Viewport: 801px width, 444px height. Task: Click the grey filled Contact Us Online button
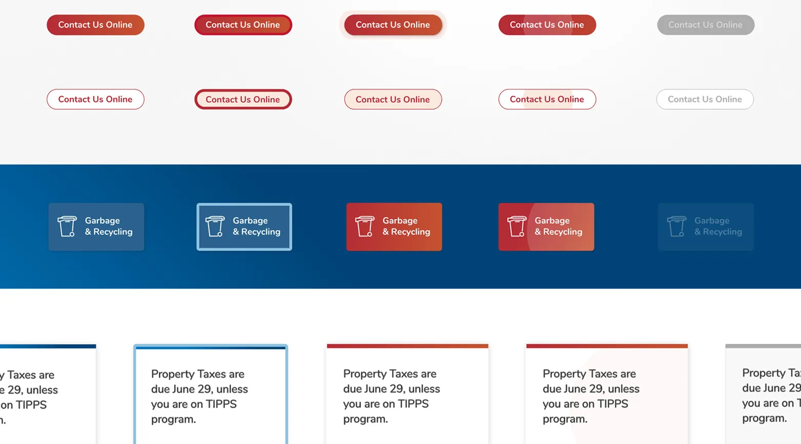tap(705, 25)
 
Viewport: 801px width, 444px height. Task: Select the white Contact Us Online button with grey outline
tap(705, 99)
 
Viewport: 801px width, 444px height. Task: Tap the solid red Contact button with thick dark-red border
tap(243, 25)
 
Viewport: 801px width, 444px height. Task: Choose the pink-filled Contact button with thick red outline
tap(243, 99)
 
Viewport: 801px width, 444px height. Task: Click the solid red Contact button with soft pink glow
tap(393, 25)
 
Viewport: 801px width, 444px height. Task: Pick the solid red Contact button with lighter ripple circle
tap(547, 25)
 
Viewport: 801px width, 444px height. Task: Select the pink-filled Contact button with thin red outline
tap(393, 99)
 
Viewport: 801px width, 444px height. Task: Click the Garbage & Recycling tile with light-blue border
tap(244, 227)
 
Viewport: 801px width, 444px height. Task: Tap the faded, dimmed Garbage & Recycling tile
tap(705, 227)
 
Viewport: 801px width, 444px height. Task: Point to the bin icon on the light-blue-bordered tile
tap(215, 226)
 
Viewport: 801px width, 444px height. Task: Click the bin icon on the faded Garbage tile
tap(676, 226)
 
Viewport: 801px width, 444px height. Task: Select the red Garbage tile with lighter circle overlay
tap(546, 227)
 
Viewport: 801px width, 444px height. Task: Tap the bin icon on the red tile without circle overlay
tap(364, 226)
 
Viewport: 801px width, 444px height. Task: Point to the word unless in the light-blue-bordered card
tap(230, 389)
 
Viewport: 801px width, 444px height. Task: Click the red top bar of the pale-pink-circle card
tap(607, 346)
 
